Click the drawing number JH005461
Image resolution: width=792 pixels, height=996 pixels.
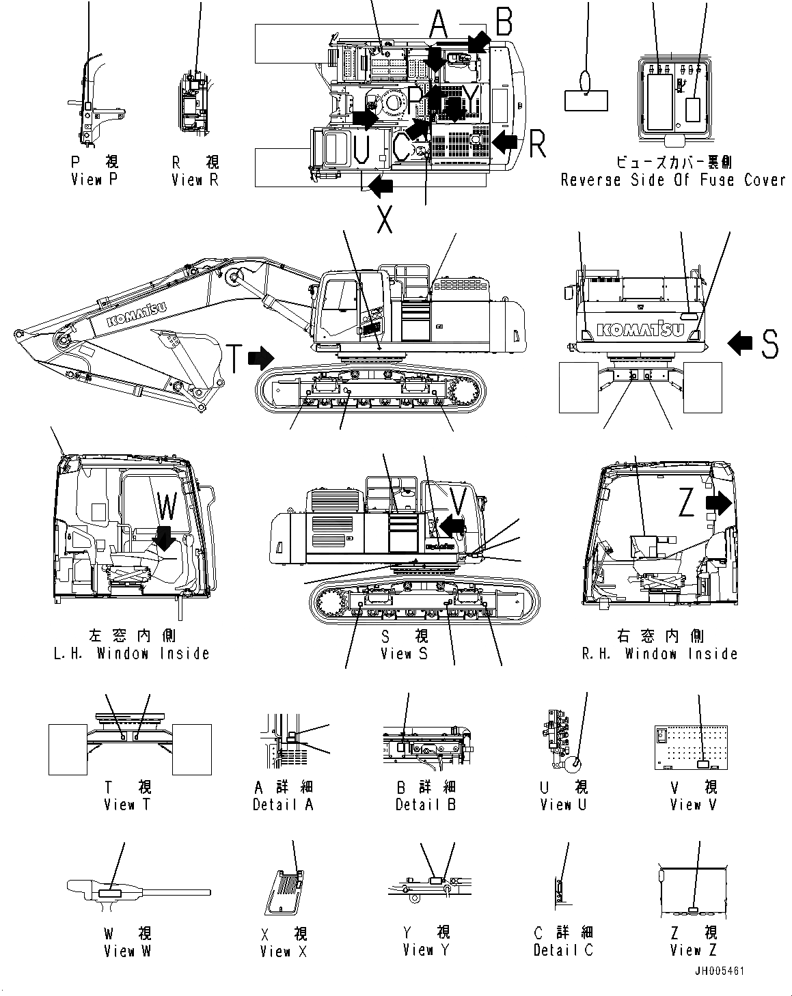(x=720, y=971)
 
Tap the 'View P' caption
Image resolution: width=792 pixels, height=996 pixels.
(x=95, y=180)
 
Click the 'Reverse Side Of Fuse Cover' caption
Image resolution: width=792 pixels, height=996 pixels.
(x=673, y=180)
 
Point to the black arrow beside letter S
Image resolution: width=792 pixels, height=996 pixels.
(x=740, y=343)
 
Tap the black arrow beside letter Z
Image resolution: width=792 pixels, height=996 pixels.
(x=718, y=503)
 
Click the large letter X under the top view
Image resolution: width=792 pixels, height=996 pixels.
(x=385, y=219)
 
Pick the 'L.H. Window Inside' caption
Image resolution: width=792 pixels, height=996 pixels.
(x=131, y=653)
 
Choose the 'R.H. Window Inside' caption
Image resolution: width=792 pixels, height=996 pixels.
(x=659, y=653)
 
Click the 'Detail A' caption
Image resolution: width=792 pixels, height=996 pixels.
(x=283, y=804)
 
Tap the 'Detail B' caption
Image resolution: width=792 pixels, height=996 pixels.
(x=426, y=804)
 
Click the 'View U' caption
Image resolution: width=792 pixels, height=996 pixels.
(x=563, y=804)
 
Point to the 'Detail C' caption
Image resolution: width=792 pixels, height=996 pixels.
(x=563, y=950)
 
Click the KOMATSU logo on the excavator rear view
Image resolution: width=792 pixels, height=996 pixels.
(x=642, y=330)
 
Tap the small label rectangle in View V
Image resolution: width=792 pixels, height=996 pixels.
(x=699, y=766)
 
